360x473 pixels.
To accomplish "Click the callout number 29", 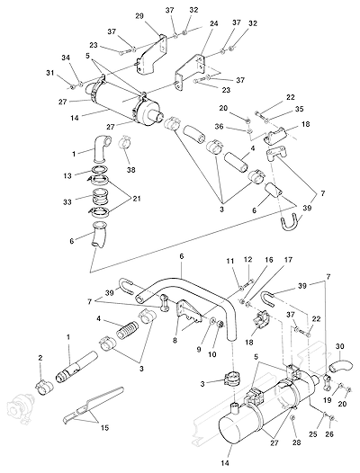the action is [x=139, y=16].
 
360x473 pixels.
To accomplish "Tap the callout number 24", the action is [x=213, y=23].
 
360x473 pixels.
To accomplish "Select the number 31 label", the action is [x=49, y=73].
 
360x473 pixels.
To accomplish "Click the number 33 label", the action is [x=67, y=201].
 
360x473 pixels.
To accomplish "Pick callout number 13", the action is [x=67, y=175].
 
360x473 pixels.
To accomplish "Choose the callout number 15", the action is [x=104, y=427].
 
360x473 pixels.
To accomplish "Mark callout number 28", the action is [x=297, y=442].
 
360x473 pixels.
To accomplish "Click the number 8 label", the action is [x=175, y=341].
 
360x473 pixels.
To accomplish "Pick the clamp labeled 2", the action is [x=44, y=388].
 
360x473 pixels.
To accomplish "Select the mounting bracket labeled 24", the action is [x=190, y=72].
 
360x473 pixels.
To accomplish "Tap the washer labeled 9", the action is [x=212, y=320].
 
